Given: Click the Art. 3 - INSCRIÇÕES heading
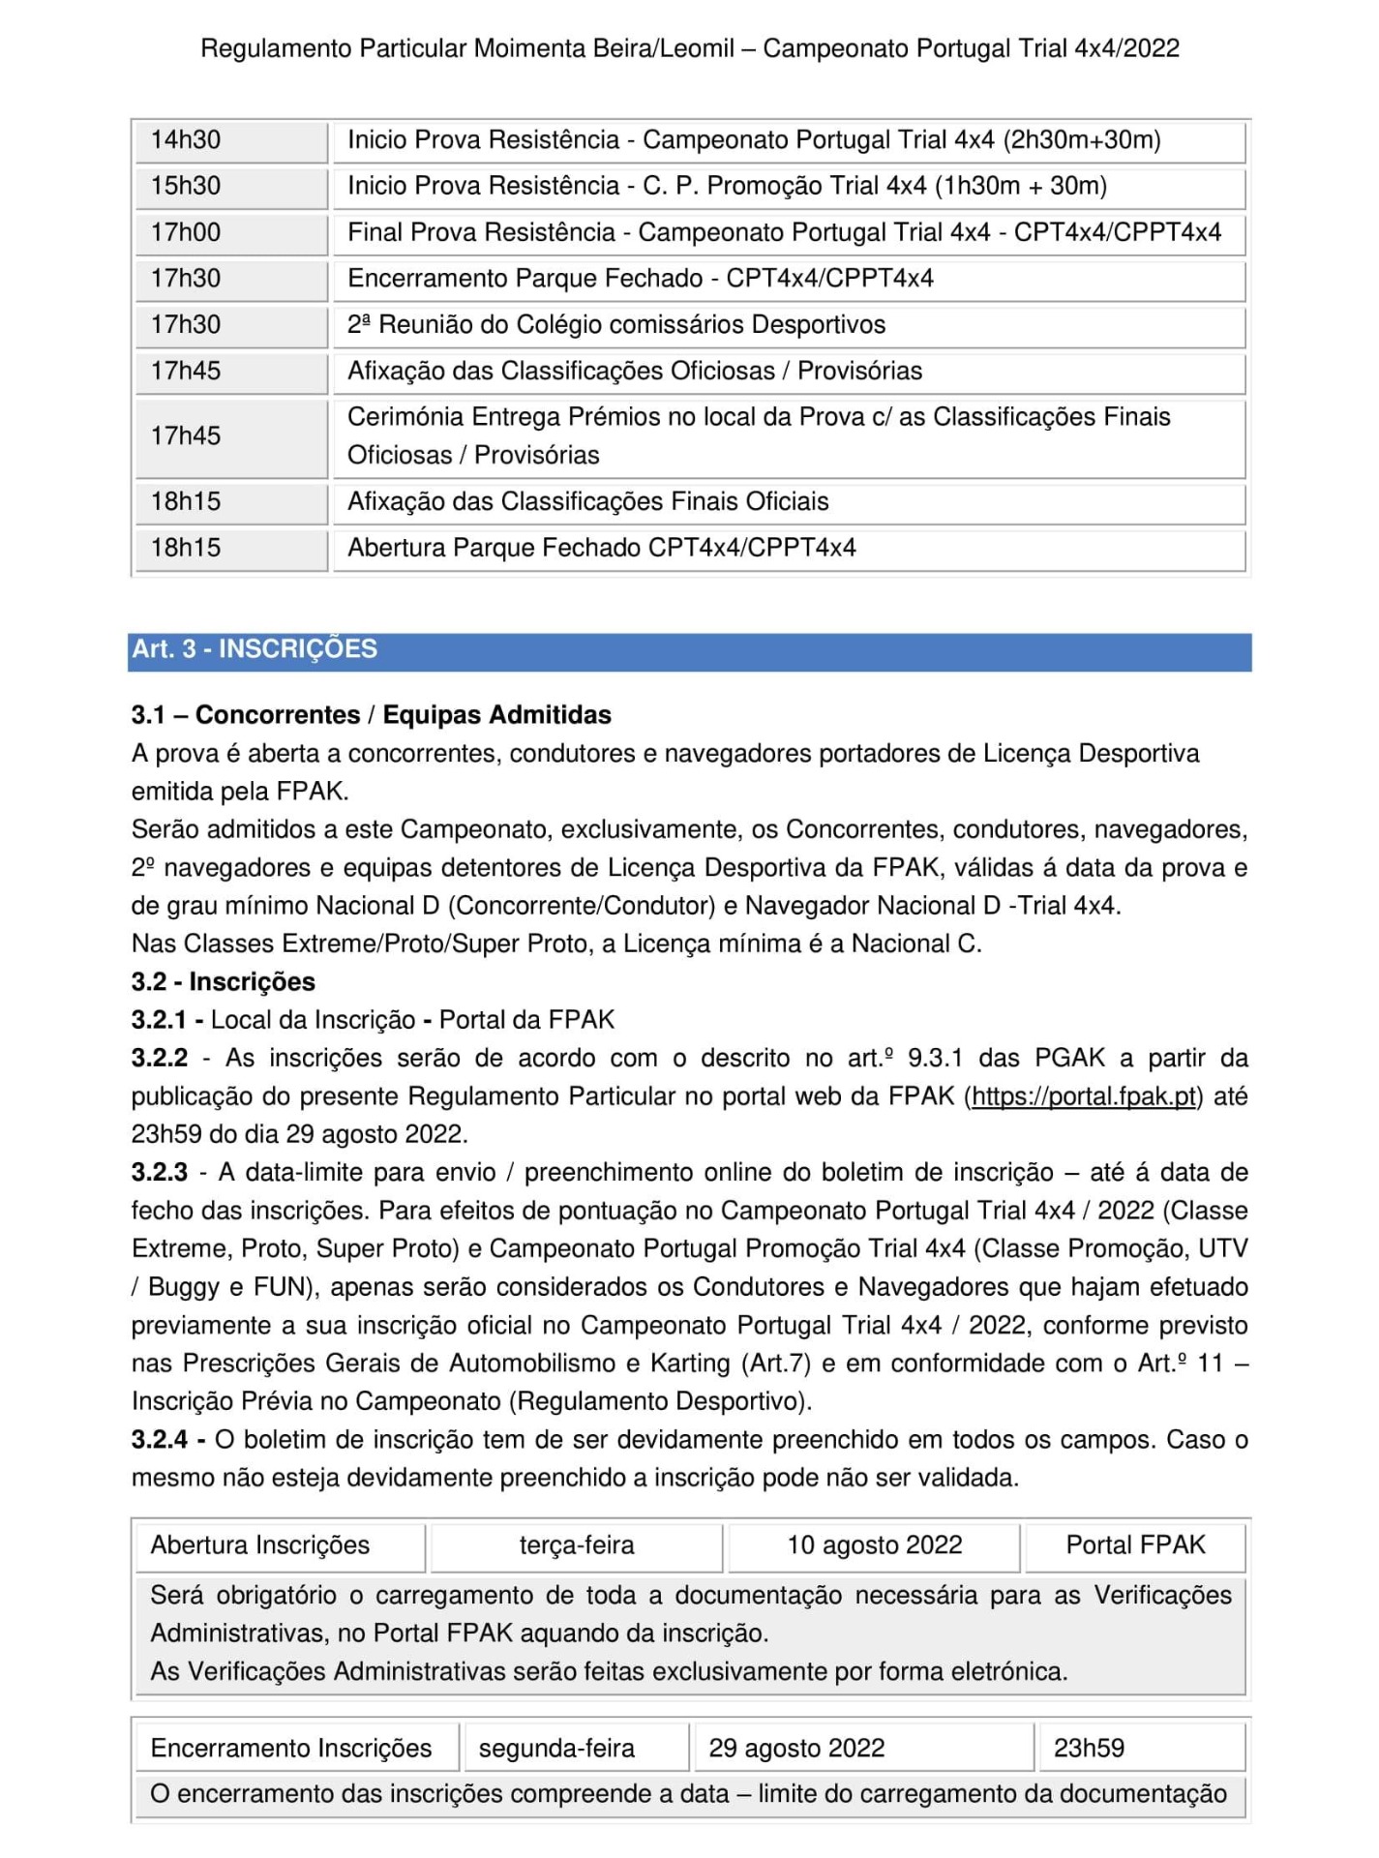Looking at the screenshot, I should tap(255, 649).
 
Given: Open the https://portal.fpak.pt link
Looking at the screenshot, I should tap(1085, 1096).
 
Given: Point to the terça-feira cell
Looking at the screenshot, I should tap(577, 1545).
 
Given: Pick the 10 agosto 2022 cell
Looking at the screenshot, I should tap(875, 1545).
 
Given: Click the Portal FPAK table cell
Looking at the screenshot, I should tap(1135, 1545).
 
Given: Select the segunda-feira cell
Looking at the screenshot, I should tap(557, 1749).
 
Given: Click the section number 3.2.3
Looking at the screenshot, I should tap(160, 1173).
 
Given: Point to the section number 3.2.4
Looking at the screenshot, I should tap(160, 1440).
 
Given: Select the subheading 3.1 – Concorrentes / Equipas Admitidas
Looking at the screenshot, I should tap(372, 715).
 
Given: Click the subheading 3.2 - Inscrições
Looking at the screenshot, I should tap(224, 982).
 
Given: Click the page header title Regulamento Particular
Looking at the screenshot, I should tap(689, 48).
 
